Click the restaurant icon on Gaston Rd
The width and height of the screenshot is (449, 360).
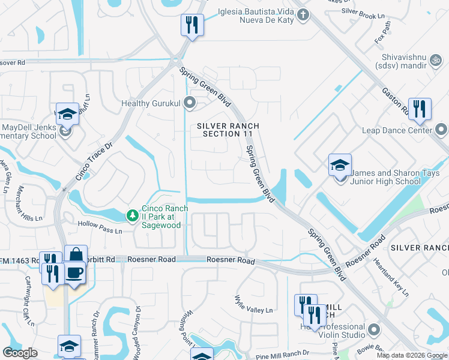pyautogui.click(x=420, y=109)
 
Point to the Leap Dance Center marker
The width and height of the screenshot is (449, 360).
pyautogui.click(x=441, y=130)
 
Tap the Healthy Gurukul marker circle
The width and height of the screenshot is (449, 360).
pyautogui.click(x=190, y=103)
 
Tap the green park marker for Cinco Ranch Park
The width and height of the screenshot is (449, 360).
pyautogui.click(x=131, y=214)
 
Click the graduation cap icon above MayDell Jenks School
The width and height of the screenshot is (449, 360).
pyautogui.click(x=67, y=113)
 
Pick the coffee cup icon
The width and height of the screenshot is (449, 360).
pyautogui.click(x=74, y=273)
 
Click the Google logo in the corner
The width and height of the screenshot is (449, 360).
pyautogui.click(x=20, y=353)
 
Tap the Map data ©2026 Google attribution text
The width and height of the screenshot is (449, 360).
pyautogui.click(x=411, y=355)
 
